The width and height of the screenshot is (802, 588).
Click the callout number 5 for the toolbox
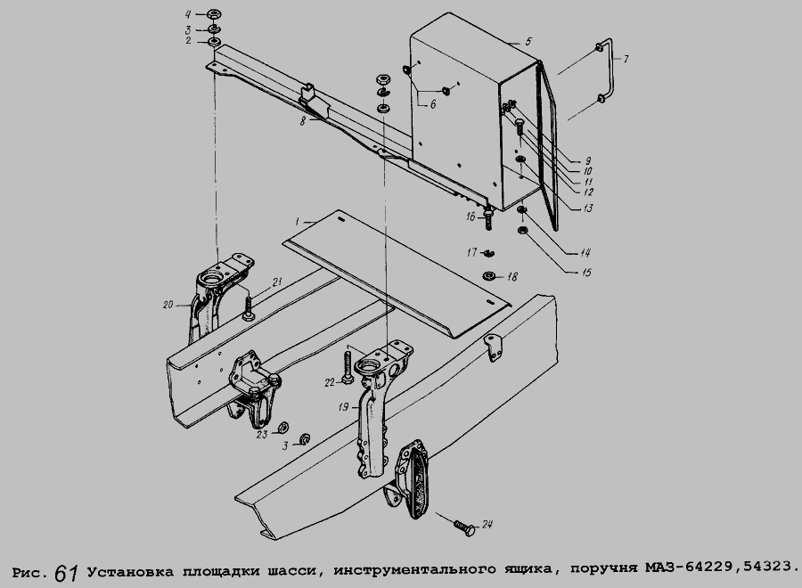tap(528, 41)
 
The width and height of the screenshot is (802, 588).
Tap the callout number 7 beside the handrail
tap(625, 59)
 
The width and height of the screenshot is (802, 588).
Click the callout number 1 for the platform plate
tap(297, 222)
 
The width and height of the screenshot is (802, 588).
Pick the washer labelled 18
tap(488, 276)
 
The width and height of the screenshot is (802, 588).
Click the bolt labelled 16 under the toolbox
tap(488, 219)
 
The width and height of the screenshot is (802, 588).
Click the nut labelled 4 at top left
tap(214, 14)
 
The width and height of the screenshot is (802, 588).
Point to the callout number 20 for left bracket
tap(168, 305)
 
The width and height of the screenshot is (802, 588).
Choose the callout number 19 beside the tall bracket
tap(344, 407)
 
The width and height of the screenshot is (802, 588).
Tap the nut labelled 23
tap(282, 427)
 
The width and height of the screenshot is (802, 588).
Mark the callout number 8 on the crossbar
tap(303, 122)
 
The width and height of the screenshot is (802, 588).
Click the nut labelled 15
tap(523, 231)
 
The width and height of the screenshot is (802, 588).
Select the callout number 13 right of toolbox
tap(588, 208)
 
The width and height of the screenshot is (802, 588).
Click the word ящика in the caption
tap(529, 568)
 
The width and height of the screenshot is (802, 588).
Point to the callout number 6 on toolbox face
tap(433, 104)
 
